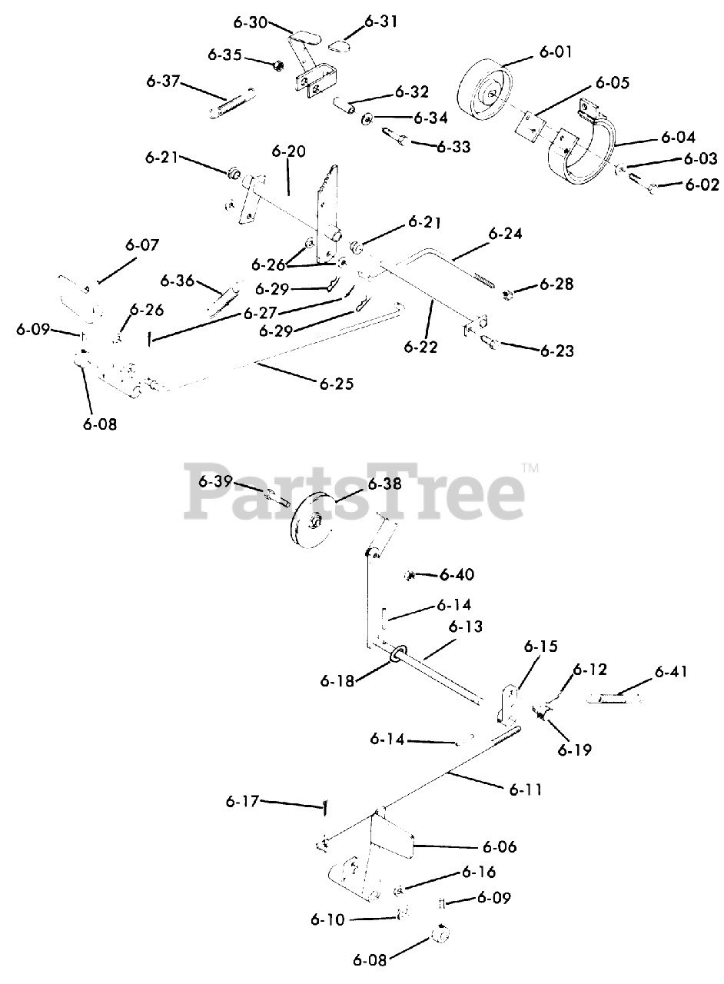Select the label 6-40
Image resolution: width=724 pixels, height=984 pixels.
[456, 574]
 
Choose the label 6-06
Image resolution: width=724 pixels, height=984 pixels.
[500, 847]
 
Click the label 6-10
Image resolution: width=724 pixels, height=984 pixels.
[328, 919]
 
